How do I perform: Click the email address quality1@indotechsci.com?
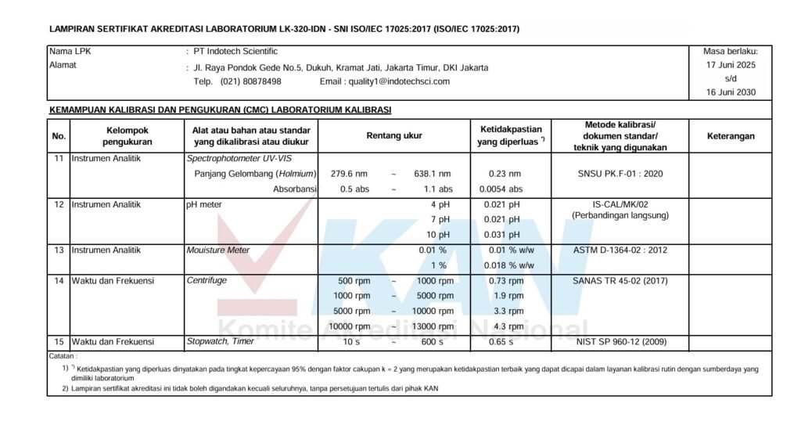pyautogui.click(x=385, y=81)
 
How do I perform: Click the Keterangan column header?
pyautogui.click(x=731, y=135)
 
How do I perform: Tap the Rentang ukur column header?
pyautogui.click(x=394, y=135)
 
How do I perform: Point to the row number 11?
pyautogui.click(x=59, y=159)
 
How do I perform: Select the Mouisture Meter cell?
pyautogui.click(x=217, y=250)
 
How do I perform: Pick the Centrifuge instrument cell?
pyautogui.click(x=207, y=281)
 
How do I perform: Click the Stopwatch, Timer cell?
pyautogui.click(x=220, y=342)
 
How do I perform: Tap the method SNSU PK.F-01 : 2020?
pyautogui.click(x=620, y=174)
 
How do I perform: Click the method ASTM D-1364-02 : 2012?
pyautogui.click(x=620, y=250)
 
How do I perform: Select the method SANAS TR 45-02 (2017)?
pyautogui.click(x=620, y=281)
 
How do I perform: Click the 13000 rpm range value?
pyautogui.click(x=435, y=326)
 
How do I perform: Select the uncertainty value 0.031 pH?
pyautogui.click(x=502, y=235)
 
